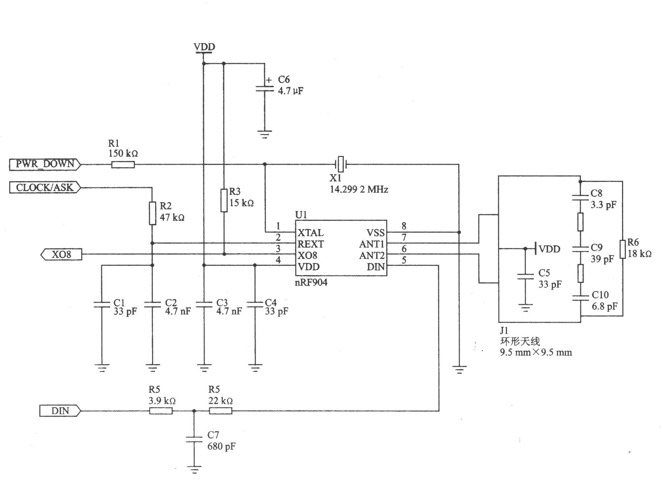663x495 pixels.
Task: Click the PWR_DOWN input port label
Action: tap(45, 164)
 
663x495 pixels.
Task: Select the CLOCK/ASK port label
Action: tap(45, 187)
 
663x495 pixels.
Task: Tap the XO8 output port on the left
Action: tap(61, 254)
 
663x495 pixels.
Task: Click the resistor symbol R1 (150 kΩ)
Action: tap(123, 165)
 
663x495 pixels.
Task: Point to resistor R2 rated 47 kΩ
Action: tap(153, 213)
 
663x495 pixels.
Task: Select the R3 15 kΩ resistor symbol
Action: tap(224, 200)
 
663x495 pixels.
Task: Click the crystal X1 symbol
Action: tap(341, 164)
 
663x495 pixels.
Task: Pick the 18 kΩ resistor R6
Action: tap(623, 249)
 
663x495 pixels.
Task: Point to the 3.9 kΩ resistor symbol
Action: tap(161, 411)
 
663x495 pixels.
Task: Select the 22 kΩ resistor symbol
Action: tap(221, 411)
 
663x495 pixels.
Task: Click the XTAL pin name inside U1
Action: tap(310, 233)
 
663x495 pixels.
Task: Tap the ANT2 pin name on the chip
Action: tap(372, 256)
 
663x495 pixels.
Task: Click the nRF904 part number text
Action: tap(311, 283)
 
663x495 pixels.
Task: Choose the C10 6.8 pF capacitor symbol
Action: tap(580, 297)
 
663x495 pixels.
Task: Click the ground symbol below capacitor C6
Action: tap(264, 134)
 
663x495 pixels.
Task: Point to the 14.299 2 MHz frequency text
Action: tap(359, 190)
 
